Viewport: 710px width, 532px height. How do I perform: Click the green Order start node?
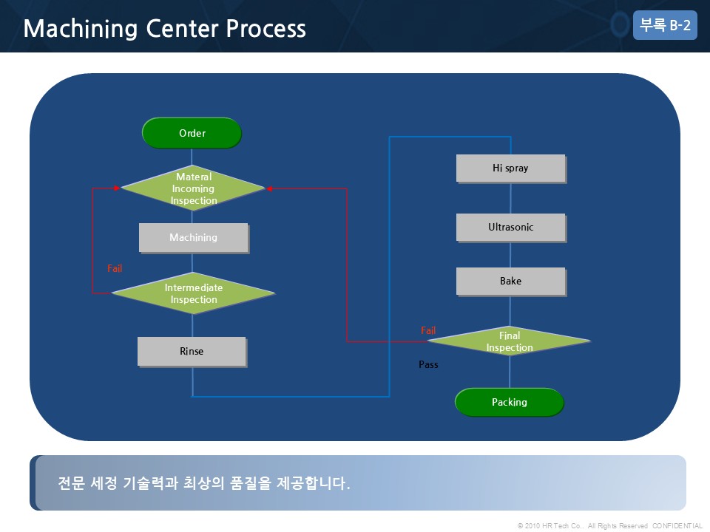coord(192,133)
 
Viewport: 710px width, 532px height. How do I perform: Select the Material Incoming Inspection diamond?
coord(193,188)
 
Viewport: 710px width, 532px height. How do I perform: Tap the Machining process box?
coord(194,237)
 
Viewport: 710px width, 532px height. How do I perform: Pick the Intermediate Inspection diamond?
coord(193,293)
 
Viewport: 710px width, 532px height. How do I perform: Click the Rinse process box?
coord(192,352)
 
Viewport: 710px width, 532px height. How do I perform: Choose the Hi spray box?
coord(511,168)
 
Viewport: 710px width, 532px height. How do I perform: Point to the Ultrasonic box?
coord(511,228)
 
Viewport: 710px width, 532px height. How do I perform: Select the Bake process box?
coord(511,282)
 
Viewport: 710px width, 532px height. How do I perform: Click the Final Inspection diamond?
coord(510,341)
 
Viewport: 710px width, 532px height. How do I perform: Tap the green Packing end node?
coord(510,402)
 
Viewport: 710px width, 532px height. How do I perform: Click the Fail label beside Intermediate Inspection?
coord(115,268)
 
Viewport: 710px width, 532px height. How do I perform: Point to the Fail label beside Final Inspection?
coord(428,330)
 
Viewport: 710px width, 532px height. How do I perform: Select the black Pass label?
coord(428,364)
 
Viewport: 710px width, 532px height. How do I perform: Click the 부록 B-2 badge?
coord(665,25)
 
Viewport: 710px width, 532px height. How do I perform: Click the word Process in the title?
coord(266,28)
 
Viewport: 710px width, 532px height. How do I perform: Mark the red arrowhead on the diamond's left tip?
coord(117,188)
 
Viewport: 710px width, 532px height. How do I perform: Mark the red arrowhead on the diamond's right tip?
coord(269,188)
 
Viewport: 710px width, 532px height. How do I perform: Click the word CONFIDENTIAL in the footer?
coord(677,525)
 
